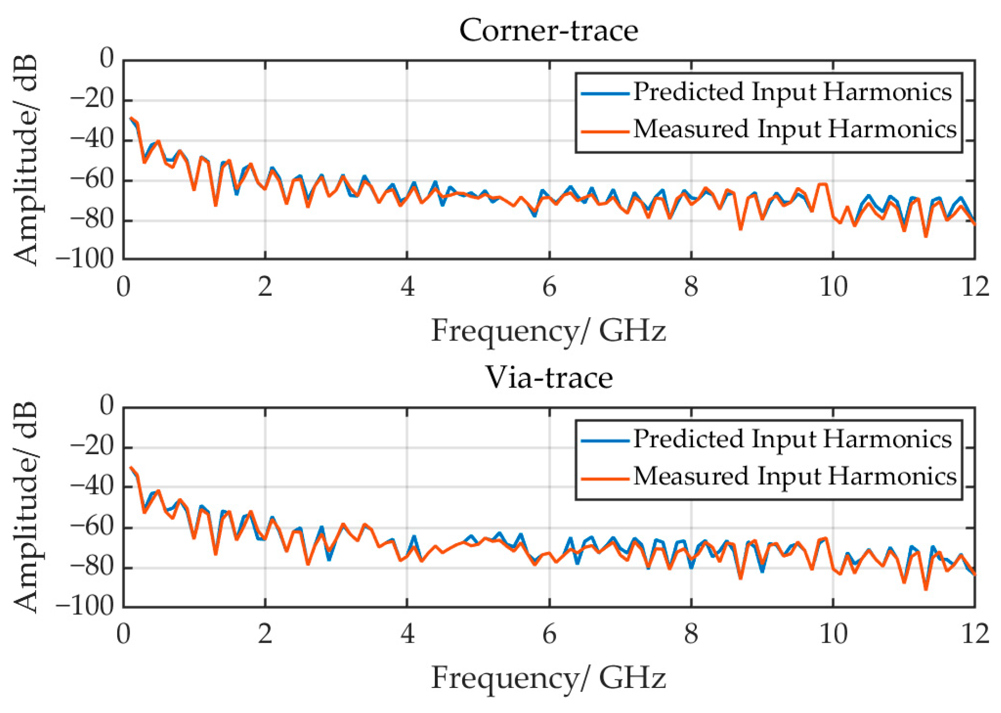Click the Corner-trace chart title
[548, 31]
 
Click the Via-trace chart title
[548, 377]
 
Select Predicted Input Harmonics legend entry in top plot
[792, 92]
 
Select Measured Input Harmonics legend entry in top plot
[794, 129]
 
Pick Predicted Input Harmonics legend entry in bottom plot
[792, 439]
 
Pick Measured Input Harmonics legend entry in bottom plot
[794, 476]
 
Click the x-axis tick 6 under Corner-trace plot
[549, 287]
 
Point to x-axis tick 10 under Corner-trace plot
[833, 287]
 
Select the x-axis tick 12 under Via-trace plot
[975, 634]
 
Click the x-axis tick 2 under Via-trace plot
[265, 634]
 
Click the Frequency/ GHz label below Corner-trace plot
[548, 330]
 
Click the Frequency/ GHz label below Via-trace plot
[548, 677]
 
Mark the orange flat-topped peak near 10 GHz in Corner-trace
[823, 184]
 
